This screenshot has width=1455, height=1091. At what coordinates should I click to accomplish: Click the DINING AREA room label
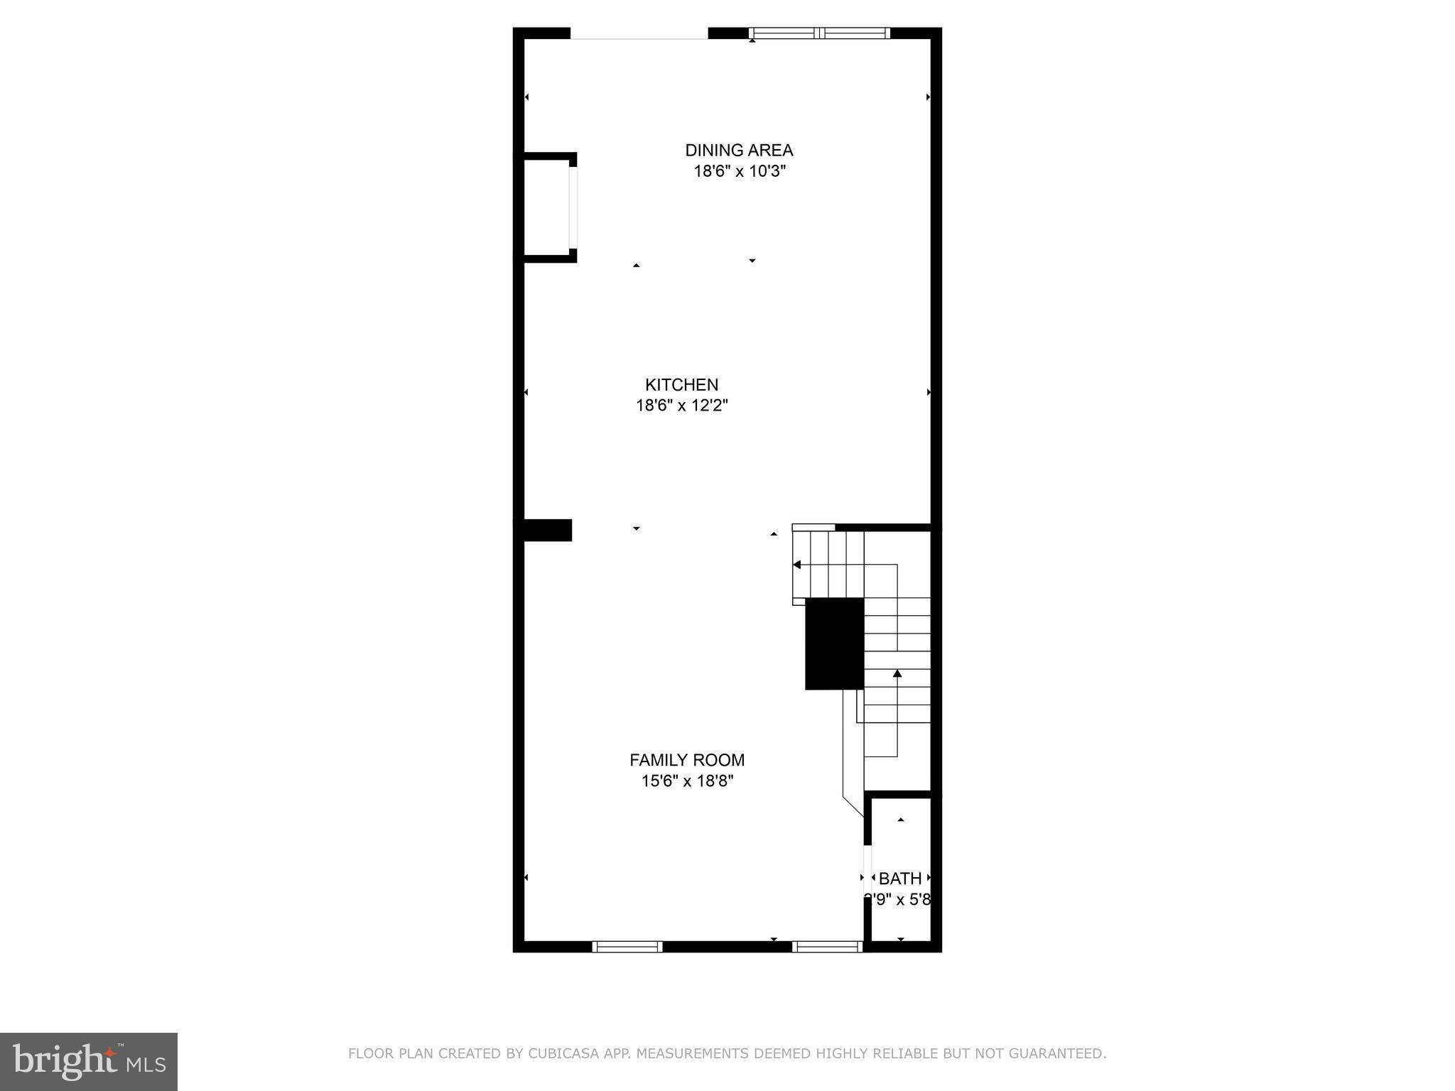[x=739, y=150]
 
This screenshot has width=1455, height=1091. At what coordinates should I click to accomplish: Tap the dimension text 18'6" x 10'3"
[x=739, y=171]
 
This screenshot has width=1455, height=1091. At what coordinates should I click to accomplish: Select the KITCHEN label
[x=681, y=384]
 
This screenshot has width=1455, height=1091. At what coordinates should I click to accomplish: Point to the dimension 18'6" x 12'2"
[x=681, y=406]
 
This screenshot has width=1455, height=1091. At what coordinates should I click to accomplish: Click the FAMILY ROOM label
[x=687, y=760]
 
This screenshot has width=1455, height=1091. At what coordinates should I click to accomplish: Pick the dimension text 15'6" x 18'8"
[x=687, y=781]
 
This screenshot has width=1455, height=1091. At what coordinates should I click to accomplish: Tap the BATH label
[x=900, y=879]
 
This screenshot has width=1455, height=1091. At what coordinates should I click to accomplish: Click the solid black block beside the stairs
[x=834, y=644]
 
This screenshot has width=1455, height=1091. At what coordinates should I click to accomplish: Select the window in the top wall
[x=819, y=33]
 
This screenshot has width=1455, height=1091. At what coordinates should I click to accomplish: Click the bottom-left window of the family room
[x=627, y=946]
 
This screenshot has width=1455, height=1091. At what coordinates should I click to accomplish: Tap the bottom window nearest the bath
[x=827, y=946]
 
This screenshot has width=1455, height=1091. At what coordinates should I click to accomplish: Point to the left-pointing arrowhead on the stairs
[x=797, y=565]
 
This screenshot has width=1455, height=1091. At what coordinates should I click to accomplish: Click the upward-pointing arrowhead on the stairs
[x=897, y=673]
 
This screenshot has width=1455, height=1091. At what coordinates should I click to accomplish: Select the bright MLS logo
[x=89, y=1062]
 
